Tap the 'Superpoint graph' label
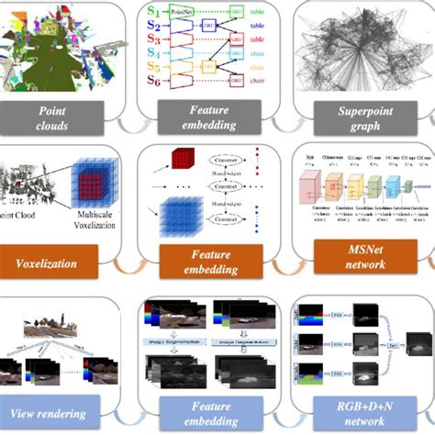[353, 117]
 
